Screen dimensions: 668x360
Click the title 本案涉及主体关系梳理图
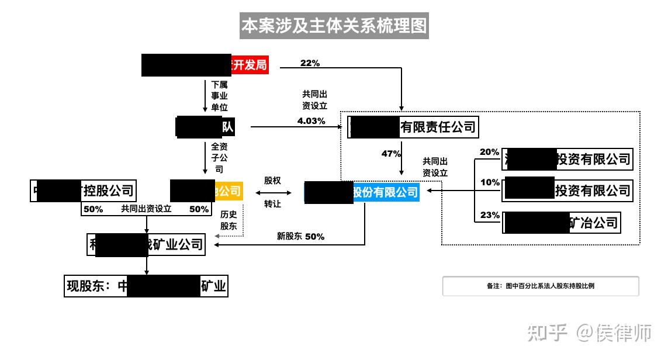coord(334,26)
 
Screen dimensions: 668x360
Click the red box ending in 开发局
coord(205,65)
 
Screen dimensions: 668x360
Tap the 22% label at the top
coord(310,63)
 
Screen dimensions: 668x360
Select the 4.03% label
coord(310,121)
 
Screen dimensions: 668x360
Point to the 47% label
coord(391,154)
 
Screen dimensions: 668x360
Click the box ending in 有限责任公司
coord(413,127)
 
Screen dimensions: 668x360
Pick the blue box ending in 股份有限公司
coord(362,192)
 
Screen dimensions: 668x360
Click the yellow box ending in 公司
coord(206,191)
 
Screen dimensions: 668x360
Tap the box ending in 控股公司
coord(84,190)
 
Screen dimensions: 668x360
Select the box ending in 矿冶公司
coord(561,223)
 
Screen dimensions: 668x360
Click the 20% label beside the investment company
coord(490,153)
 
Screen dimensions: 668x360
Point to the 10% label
coord(490,182)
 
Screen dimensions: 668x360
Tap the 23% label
coord(490,215)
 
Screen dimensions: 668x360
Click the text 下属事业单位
coord(219,96)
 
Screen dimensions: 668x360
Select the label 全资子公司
coord(219,158)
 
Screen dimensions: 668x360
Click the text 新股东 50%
coord(300,237)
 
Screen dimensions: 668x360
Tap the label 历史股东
coord(229,220)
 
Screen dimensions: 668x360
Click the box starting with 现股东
coord(146,287)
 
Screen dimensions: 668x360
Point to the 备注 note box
coord(540,286)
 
